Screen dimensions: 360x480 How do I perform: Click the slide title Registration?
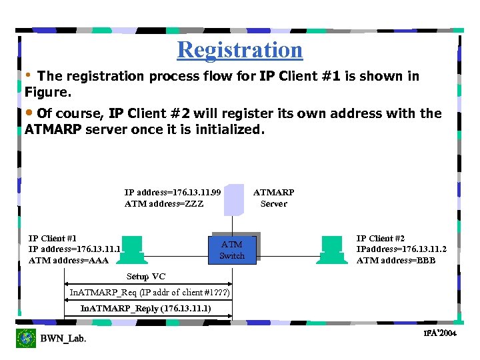tap(239, 50)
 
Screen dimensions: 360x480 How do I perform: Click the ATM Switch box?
tap(232, 250)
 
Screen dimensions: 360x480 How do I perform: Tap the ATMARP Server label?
tap(273, 198)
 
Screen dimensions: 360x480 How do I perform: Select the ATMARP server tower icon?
tap(234, 199)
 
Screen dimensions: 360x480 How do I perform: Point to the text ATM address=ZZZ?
tap(164, 204)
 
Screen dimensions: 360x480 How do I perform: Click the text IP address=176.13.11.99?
tap(173, 193)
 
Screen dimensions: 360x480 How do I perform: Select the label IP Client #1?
tap(53, 238)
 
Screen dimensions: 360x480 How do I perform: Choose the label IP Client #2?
tap(381, 238)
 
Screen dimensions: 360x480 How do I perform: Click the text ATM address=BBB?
tap(396, 261)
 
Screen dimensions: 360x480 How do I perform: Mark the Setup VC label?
tap(146, 277)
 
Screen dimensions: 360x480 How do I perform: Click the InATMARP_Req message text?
tap(150, 293)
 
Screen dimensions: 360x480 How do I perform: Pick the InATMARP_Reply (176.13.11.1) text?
tap(145, 309)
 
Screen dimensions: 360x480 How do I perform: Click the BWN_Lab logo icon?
tap(26, 338)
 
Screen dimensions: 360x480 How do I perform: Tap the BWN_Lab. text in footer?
tap(63, 339)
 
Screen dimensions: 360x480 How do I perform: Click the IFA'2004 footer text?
tap(440, 333)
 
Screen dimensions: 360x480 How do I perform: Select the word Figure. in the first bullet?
tap(47, 91)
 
